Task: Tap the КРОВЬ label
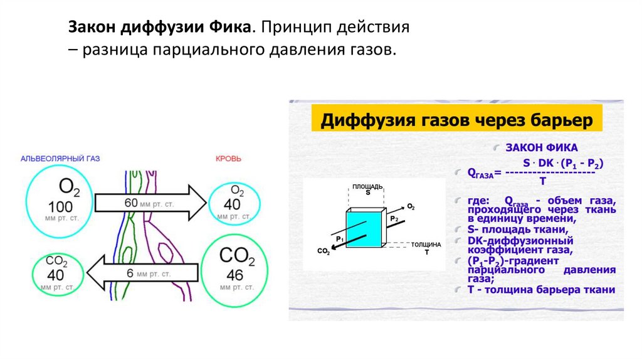(228, 159)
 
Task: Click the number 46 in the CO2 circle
(234, 275)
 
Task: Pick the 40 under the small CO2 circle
(56, 275)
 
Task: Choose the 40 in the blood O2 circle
(233, 204)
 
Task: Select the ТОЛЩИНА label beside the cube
(426, 244)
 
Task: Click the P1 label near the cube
(339, 239)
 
